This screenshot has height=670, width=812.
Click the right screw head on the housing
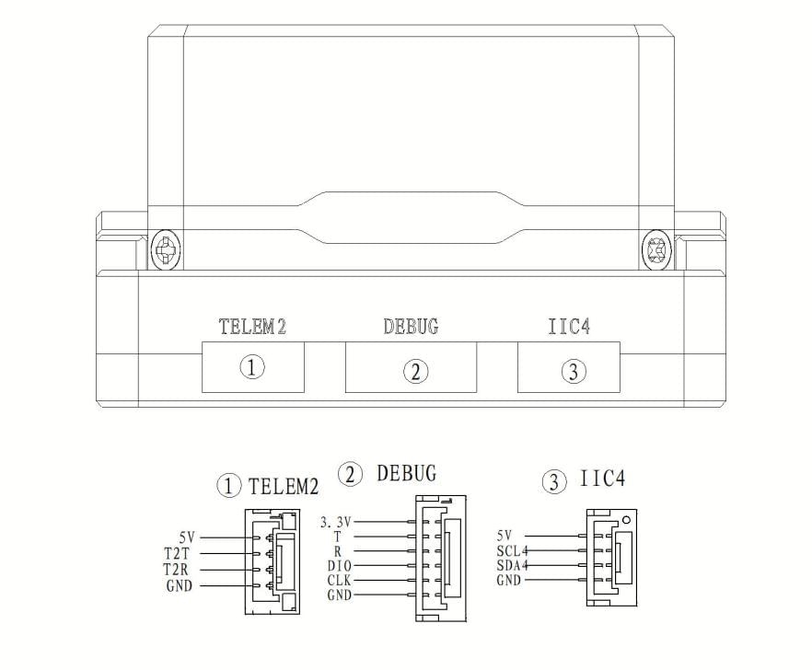coord(656,249)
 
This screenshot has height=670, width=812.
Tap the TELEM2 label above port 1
coord(252,327)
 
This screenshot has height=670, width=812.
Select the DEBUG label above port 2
coord(411,326)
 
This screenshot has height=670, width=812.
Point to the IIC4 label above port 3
coord(569,326)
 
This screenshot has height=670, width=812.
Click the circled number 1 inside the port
coord(252,367)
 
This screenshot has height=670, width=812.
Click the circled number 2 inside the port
coord(415,371)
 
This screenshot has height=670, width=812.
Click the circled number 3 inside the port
coord(574,371)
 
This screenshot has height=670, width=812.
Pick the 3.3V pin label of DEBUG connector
coord(335,522)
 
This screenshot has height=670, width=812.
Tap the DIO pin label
coord(339,566)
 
